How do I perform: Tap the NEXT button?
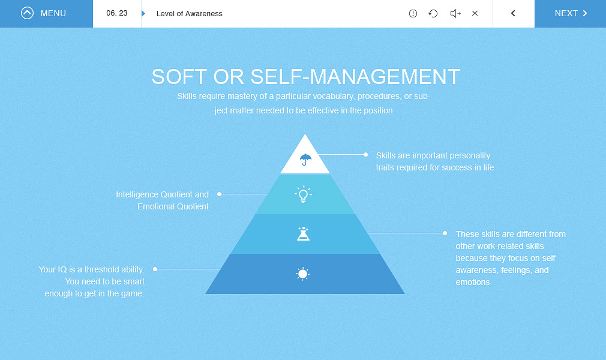(x=570, y=14)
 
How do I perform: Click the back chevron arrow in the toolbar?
(x=513, y=14)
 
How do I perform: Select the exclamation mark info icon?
(x=413, y=14)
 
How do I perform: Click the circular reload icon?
(x=433, y=14)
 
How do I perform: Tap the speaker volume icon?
(x=455, y=14)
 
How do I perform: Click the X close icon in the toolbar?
(x=475, y=13)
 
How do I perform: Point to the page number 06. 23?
(x=117, y=13)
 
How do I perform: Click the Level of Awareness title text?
(x=190, y=14)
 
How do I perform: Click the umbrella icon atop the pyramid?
(x=305, y=159)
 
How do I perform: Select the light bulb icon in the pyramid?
(x=304, y=194)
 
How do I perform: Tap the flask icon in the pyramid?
(x=304, y=233)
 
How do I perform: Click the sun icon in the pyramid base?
(x=302, y=274)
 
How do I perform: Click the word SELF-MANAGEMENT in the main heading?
(x=355, y=77)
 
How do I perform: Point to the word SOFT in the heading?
(x=179, y=77)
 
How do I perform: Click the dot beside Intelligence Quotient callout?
(x=219, y=194)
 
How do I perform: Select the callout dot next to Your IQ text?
(x=155, y=269)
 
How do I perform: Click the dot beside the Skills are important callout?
(x=365, y=154)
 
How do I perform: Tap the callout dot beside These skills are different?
(x=445, y=233)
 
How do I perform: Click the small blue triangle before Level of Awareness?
(x=143, y=14)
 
